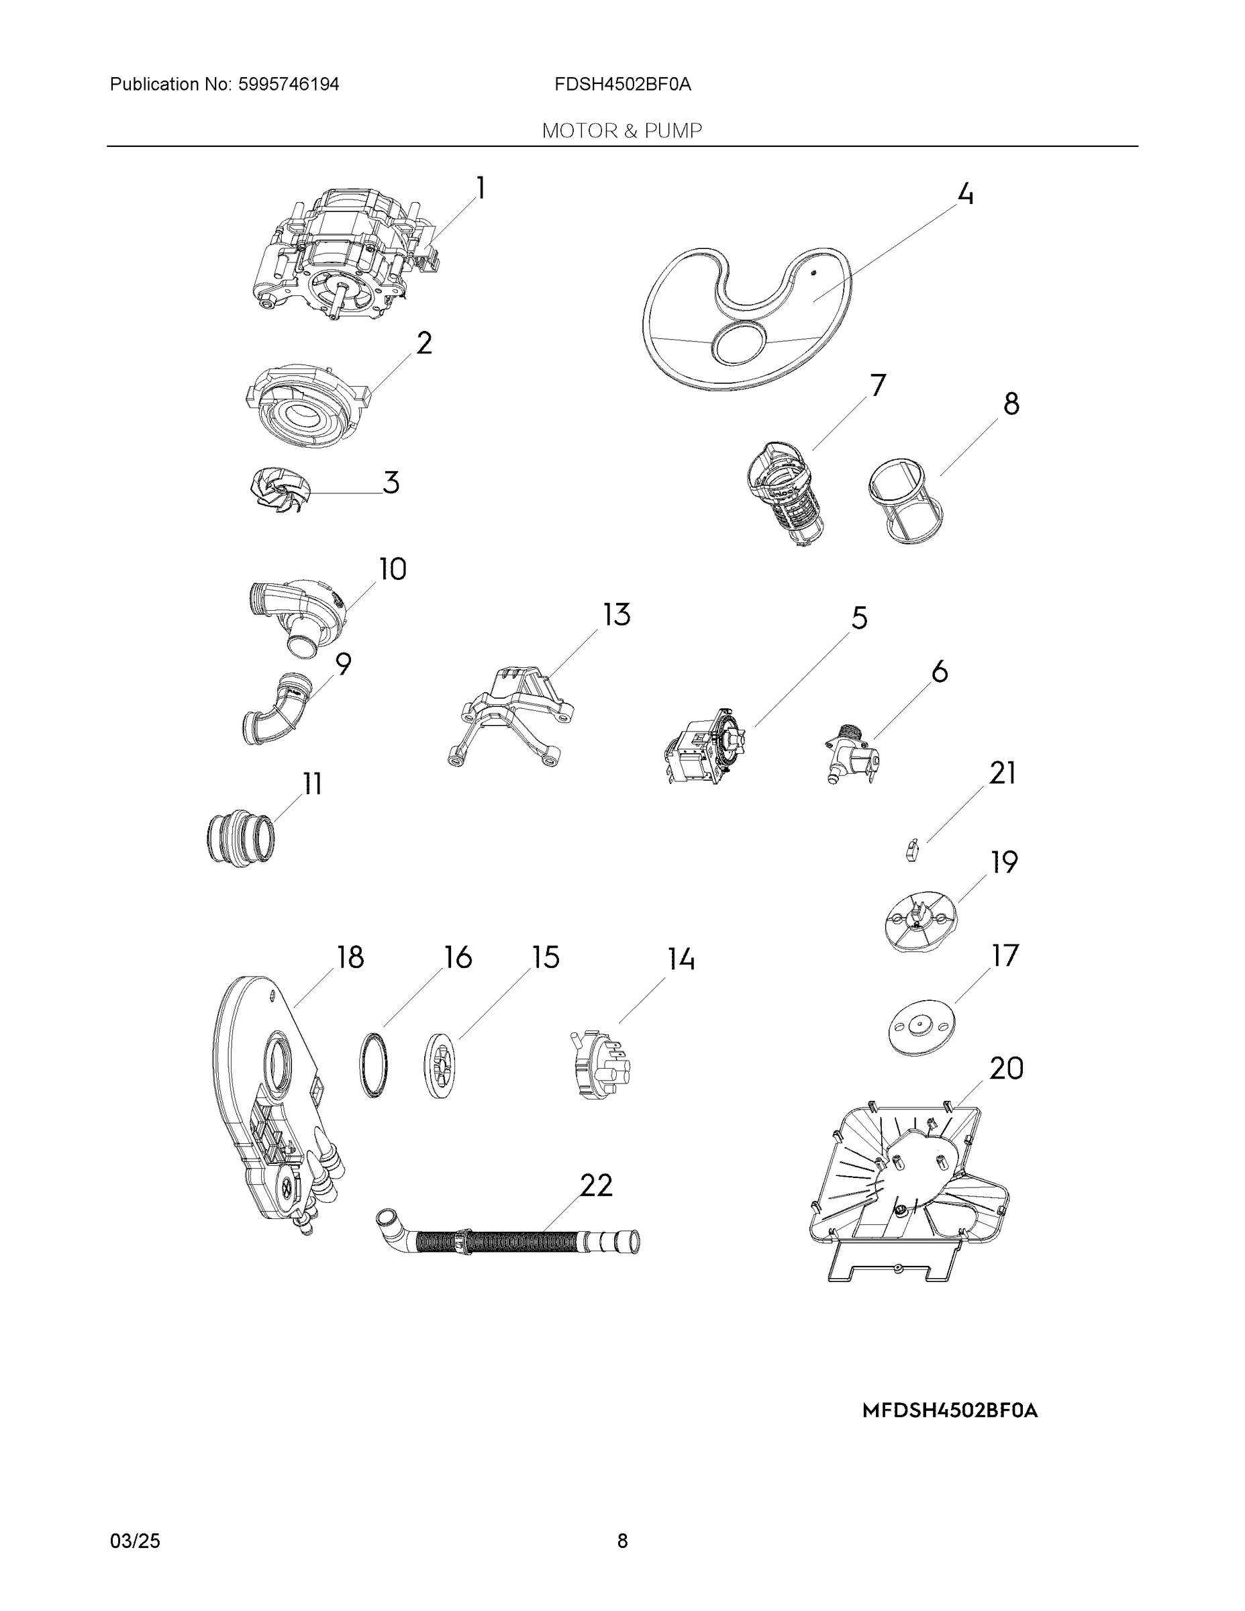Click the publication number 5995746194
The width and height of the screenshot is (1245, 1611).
tap(289, 84)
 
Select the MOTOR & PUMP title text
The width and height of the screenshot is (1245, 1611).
tap(621, 131)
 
